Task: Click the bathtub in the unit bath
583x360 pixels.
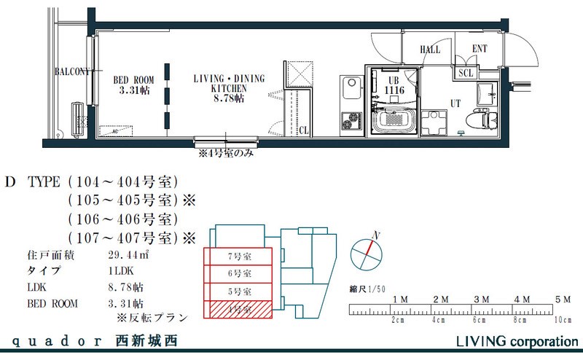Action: tap(395, 121)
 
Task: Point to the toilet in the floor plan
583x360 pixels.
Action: tap(481, 114)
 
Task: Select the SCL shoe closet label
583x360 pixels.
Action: tap(466, 73)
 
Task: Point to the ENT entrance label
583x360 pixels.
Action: tap(480, 50)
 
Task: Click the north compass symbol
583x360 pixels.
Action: tap(366, 255)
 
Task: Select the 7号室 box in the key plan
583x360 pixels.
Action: tap(239, 257)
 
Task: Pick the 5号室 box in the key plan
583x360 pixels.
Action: tap(239, 291)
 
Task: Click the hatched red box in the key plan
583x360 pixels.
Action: tap(239, 310)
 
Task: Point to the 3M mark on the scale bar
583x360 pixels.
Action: tap(481, 300)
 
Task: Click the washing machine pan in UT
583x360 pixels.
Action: tap(438, 121)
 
